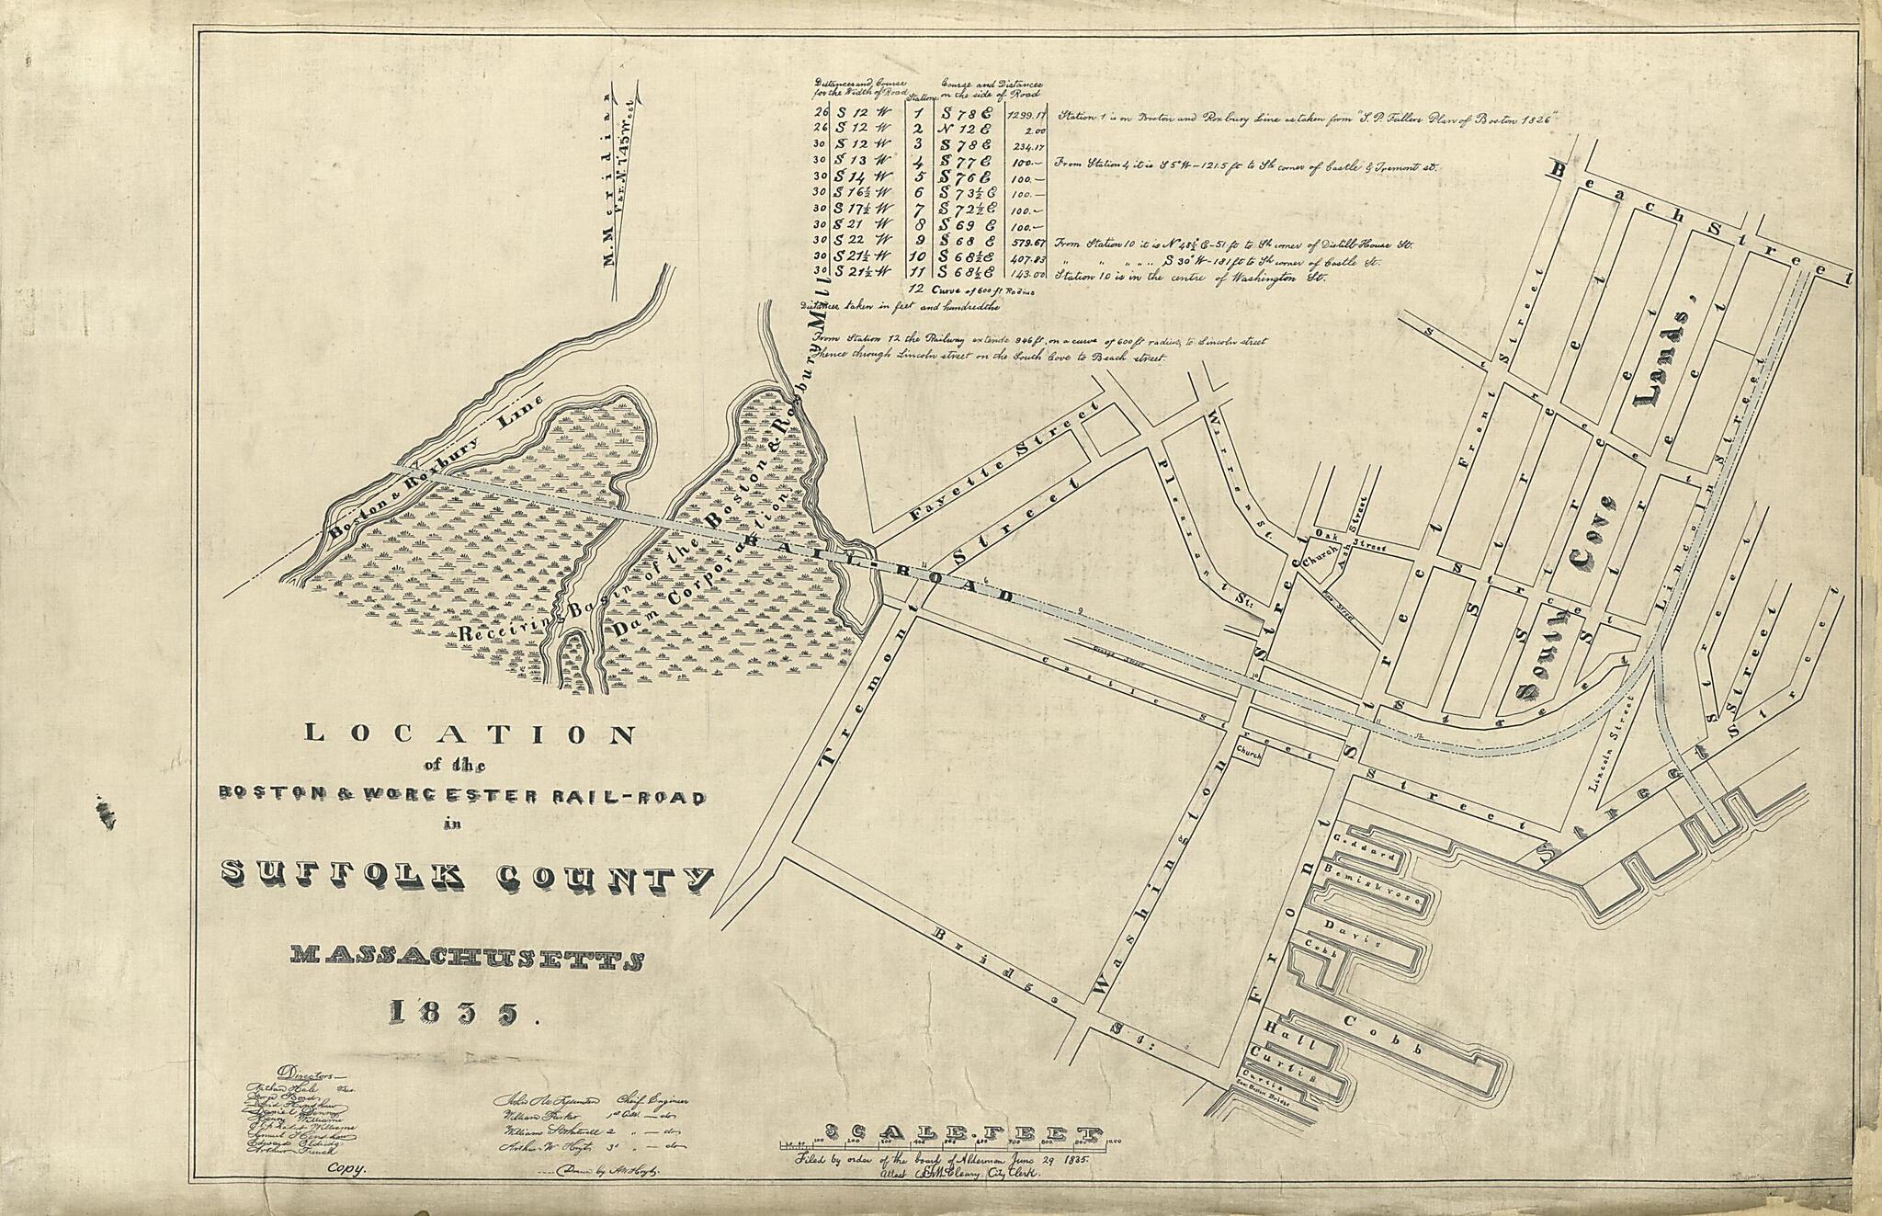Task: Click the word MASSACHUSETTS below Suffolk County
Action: click(x=466, y=959)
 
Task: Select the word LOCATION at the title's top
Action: click(x=469, y=734)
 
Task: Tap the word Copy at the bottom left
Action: click(x=346, y=1170)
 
